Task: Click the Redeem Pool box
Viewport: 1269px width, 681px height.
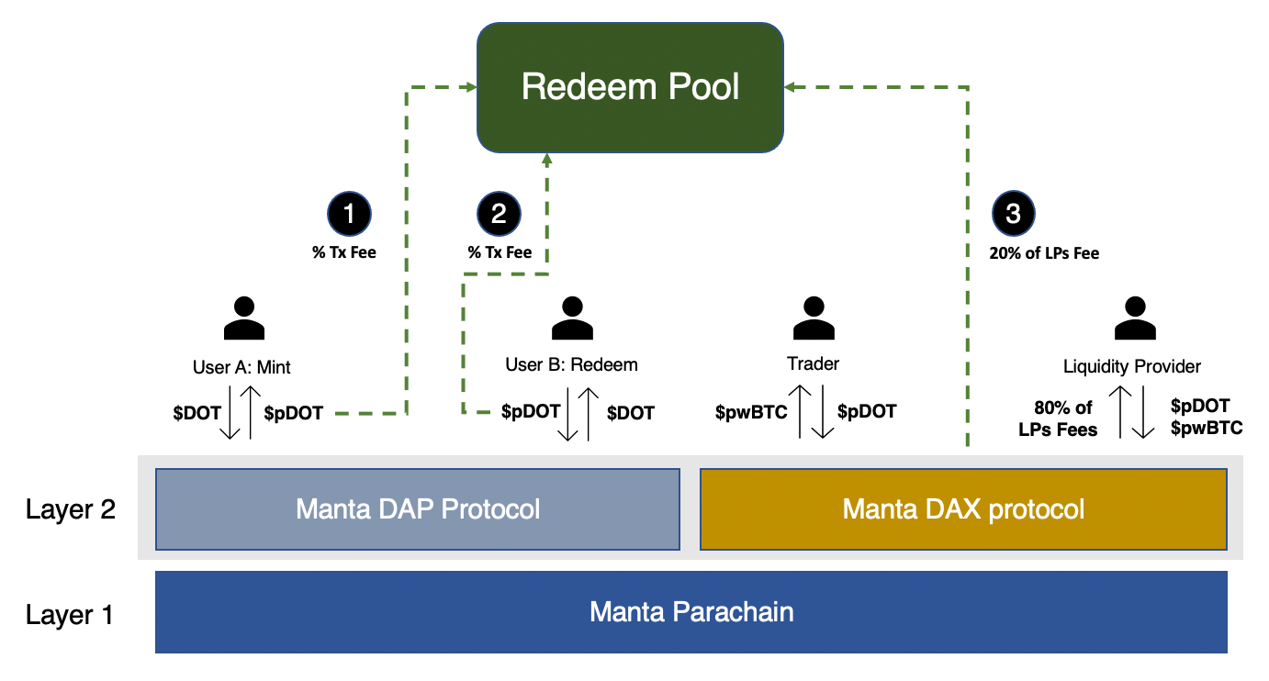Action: (630, 87)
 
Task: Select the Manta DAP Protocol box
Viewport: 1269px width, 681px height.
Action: (418, 508)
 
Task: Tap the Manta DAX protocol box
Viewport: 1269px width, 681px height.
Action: (963, 508)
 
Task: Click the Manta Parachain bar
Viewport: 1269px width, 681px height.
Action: (691, 612)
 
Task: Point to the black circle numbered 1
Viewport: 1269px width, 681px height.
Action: (349, 214)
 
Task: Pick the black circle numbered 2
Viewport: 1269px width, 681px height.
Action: (499, 214)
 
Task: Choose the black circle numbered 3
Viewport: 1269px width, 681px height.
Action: (1014, 214)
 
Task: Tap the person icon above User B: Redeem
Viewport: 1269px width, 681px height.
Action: (572, 318)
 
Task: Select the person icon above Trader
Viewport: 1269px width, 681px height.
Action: (814, 318)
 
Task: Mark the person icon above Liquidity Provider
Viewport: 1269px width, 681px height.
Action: (1134, 318)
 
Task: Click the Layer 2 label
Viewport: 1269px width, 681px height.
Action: (71, 508)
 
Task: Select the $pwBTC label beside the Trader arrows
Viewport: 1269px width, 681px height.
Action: (751, 412)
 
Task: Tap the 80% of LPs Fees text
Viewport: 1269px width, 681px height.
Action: (1058, 419)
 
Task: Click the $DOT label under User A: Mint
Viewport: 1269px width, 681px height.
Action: (197, 413)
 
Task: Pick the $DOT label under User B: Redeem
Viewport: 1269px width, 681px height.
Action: (631, 413)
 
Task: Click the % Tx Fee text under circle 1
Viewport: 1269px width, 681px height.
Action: (344, 253)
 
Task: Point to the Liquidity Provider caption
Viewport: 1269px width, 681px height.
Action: (1132, 366)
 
